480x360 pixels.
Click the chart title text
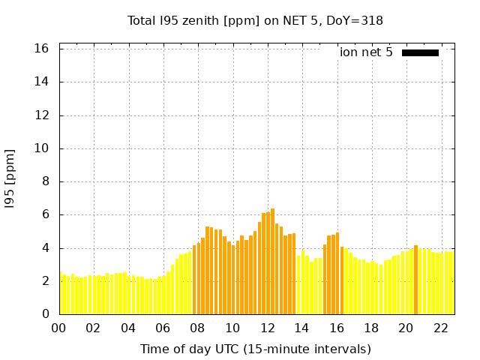(x=255, y=21)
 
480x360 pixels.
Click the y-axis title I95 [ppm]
(x=10, y=178)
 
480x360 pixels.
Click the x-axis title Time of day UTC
(x=255, y=349)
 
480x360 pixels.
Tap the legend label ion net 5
(x=366, y=52)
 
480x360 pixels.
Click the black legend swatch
(x=420, y=52)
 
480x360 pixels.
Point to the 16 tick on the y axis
(x=42, y=49)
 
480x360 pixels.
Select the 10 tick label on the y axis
(x=42, y=148)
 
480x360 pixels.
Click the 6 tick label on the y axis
(x=45, y=214)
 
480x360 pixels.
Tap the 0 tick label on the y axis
(x=45, y=314)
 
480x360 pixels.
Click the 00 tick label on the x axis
(x=59, y=328)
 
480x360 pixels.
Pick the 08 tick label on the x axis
(x=198, y=328)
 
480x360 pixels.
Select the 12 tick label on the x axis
(x=268, y=328)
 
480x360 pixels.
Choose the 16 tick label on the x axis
(x=337, y=328)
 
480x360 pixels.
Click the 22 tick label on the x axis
(x=441, y=328)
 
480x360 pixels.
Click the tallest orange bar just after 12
(x=272, y=262)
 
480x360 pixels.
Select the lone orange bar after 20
(x=415, y=280)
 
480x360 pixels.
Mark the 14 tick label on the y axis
(x=42, y=82)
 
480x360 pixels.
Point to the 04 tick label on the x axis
(x=129, y=328)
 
